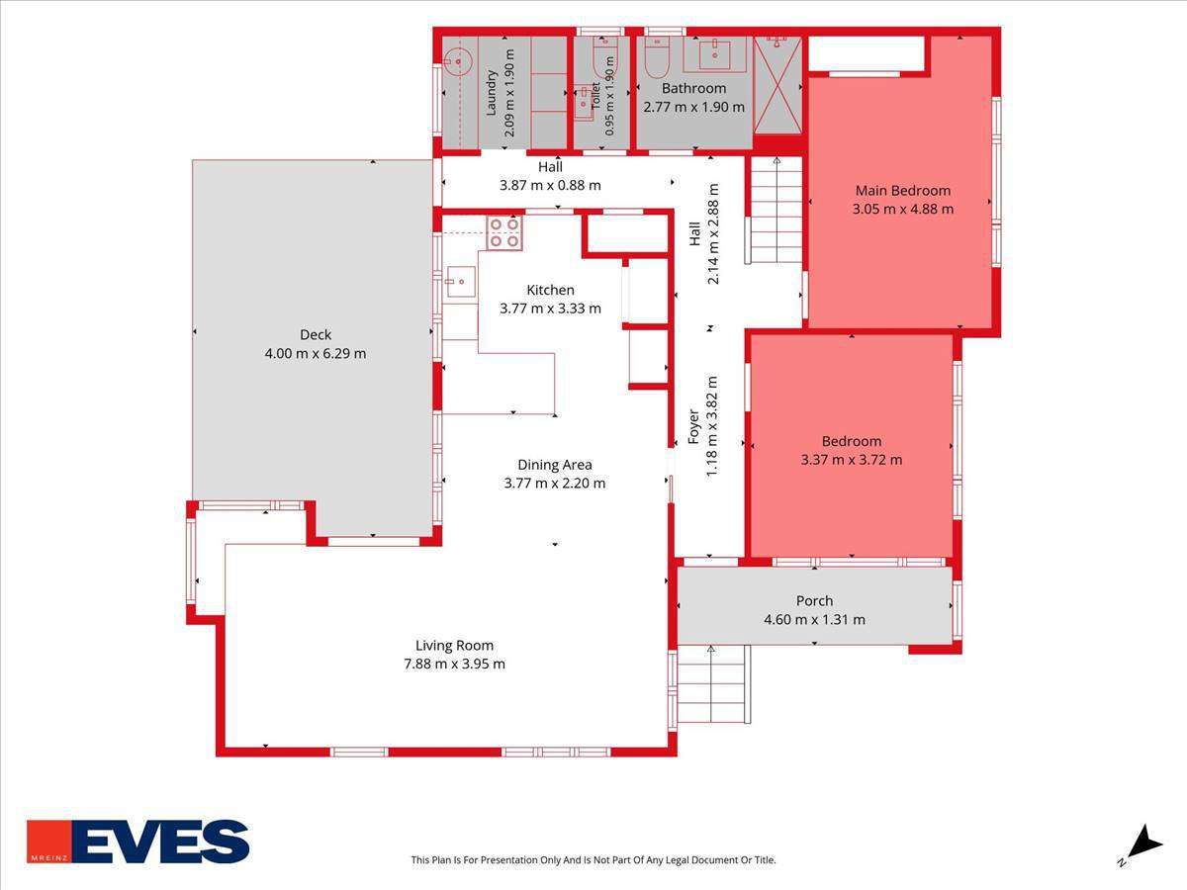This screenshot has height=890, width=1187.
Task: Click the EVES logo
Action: coord(137,842)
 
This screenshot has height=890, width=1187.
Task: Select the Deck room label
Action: coord(316,334)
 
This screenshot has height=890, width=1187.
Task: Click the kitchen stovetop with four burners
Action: coord(504,233)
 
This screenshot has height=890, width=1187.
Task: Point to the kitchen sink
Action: coord(460,282)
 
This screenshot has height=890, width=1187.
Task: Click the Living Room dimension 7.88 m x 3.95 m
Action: coord(454,664)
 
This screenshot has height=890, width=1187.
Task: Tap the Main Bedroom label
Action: coord(902,190)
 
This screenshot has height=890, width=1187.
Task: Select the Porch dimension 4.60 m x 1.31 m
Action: coord(814,619)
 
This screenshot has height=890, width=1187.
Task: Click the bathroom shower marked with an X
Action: coord(777,85)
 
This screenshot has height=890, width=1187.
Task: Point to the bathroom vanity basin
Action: coord(715,54)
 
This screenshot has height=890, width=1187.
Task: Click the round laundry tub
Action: coord(458,61)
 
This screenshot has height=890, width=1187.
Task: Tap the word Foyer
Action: coord(693,427)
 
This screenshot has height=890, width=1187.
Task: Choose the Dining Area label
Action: coord(555,465)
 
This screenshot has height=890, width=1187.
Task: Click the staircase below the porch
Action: coord(714,683)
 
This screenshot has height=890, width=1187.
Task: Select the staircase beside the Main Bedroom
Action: coord(775,211)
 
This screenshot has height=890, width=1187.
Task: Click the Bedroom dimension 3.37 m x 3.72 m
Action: coord(852,460)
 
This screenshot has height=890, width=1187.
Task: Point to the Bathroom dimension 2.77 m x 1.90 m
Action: coord(693,107)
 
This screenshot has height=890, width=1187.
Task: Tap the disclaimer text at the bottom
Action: coord(593,859)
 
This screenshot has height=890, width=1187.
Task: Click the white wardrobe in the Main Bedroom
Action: coord(866,53)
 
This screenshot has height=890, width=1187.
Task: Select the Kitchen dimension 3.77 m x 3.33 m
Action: coord(550,309)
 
